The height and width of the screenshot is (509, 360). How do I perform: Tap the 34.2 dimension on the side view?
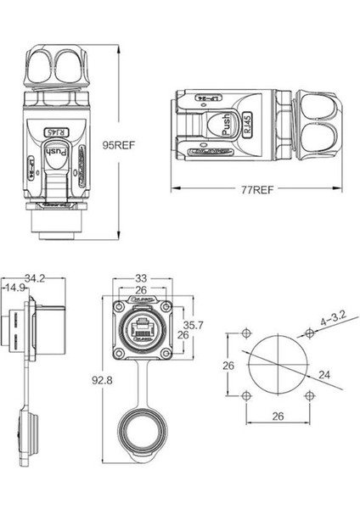pos(35,277)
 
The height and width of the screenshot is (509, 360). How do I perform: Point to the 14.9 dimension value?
pos(16,289)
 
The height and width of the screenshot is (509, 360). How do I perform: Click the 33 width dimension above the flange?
pos(141,277)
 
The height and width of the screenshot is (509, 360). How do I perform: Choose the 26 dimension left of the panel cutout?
pos(227,365)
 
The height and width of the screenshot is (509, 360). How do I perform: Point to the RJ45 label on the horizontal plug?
pos(246,128)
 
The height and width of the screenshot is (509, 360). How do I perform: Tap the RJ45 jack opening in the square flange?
pos(141,327)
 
